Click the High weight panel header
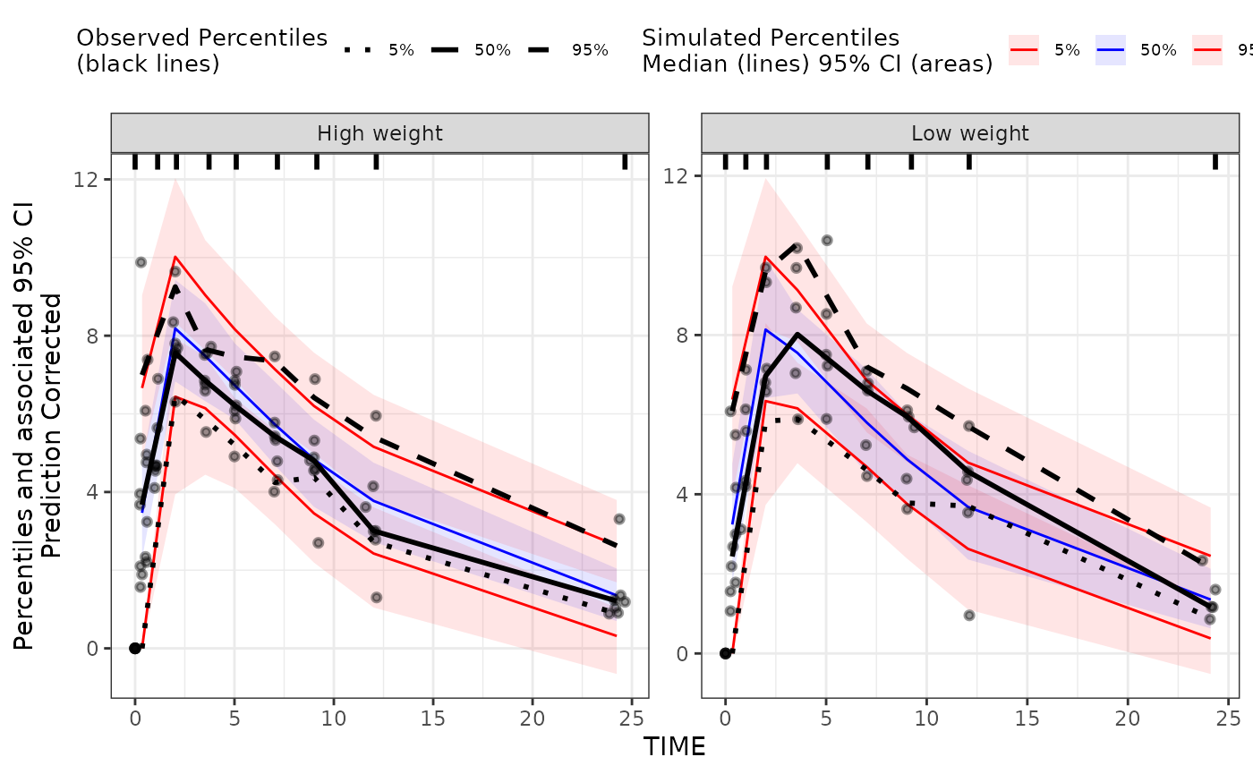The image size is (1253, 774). [x=379, y=134]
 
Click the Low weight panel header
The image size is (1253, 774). [x=970, y=134]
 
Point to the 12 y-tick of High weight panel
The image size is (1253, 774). [x=93, y=179]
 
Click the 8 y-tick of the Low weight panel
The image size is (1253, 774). [x=684, y=336]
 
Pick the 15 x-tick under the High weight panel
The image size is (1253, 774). [x=433, y=718]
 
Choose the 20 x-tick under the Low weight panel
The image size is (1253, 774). [x=1128, y=718]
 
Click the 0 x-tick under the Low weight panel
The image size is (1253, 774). [x=725, y=718]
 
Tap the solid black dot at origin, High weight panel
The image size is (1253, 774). [x=135, y=648]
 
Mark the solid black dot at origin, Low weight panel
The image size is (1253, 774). [x=725, y=653]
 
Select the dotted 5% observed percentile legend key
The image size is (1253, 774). [x=359, y=50]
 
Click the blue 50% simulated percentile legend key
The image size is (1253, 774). [x=1110, y=50]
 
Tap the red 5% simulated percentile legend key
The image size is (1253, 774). [x=1024, y=50]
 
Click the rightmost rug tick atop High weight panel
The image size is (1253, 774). [x=625, y=161]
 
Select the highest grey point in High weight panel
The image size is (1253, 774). [x=141, y=262]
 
